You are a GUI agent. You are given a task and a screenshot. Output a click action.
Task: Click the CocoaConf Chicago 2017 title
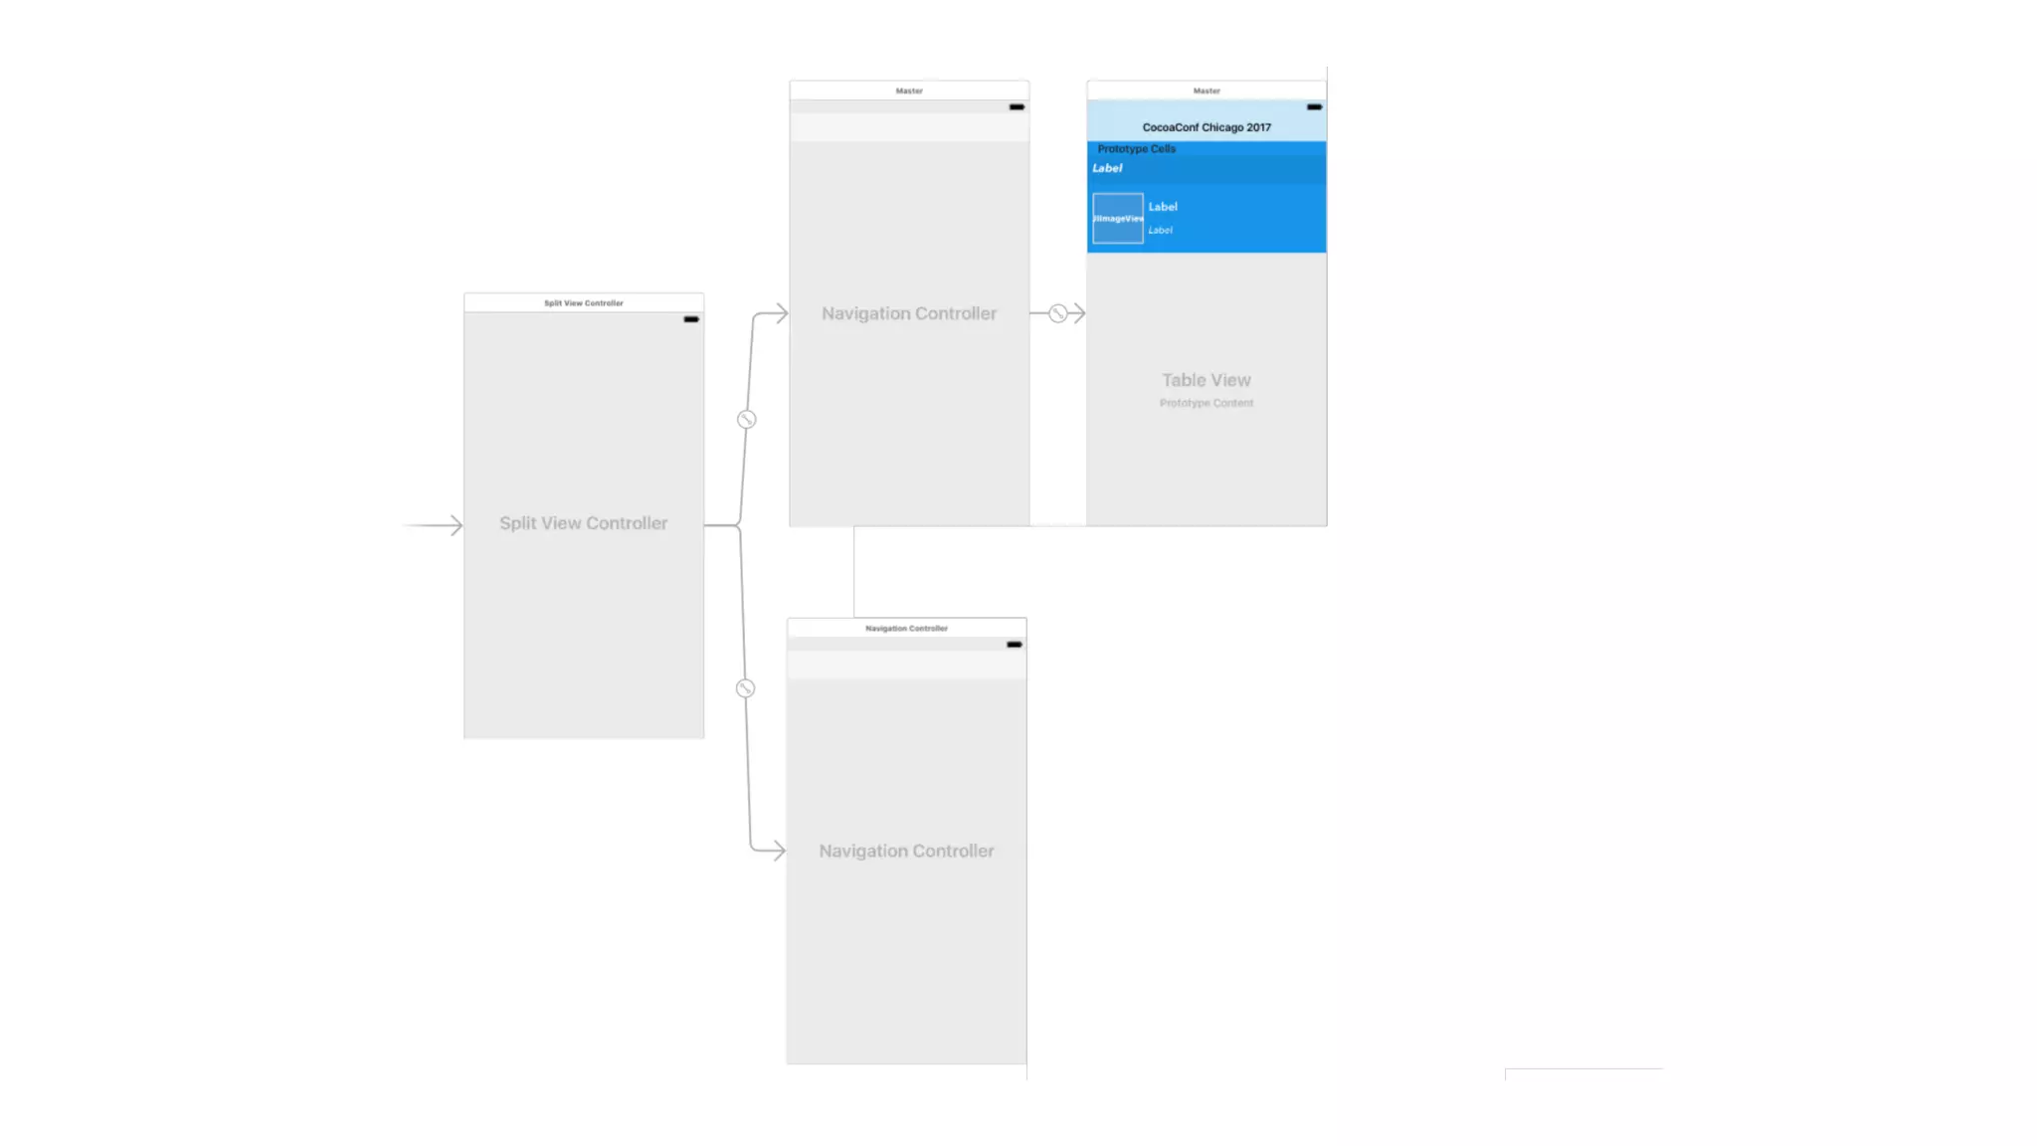tap(1206, 127)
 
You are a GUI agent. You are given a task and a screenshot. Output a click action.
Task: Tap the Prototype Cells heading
tap(1136, 149)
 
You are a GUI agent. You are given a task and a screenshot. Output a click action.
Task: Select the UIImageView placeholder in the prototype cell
tap(1118, 219)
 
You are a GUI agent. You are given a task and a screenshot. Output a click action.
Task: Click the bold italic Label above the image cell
tap(1107, 168)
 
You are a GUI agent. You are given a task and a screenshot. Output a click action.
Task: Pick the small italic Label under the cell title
tap(1160, 231)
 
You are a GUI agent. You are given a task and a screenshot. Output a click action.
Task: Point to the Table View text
tap(1206, 380)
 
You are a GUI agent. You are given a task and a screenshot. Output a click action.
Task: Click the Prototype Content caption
tap(1206, 403)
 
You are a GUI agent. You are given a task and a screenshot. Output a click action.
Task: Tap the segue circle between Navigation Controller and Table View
tap(1058, 313)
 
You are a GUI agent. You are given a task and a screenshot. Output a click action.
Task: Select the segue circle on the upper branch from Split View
tap(746, 420)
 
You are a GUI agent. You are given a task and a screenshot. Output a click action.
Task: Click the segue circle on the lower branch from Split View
tap(745, 688)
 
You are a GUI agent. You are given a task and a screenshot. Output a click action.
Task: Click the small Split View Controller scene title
tap(584, 303)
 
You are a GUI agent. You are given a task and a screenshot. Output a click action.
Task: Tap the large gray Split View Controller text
tap(584, 523)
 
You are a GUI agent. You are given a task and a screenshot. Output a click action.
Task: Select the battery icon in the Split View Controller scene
tap(691, 319)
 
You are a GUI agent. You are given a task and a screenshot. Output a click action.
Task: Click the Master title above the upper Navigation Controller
tap(909, 91)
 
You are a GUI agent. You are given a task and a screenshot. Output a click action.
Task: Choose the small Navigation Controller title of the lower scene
tap(906, 629)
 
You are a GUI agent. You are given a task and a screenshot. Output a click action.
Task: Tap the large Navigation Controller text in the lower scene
tap(906, 851)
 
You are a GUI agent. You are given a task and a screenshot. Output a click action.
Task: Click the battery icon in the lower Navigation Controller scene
tap(1014, 645)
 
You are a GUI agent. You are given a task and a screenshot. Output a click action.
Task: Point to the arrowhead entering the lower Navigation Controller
tap(777, 851)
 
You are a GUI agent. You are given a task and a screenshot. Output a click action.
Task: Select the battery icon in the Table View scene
tap(1314, 106)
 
